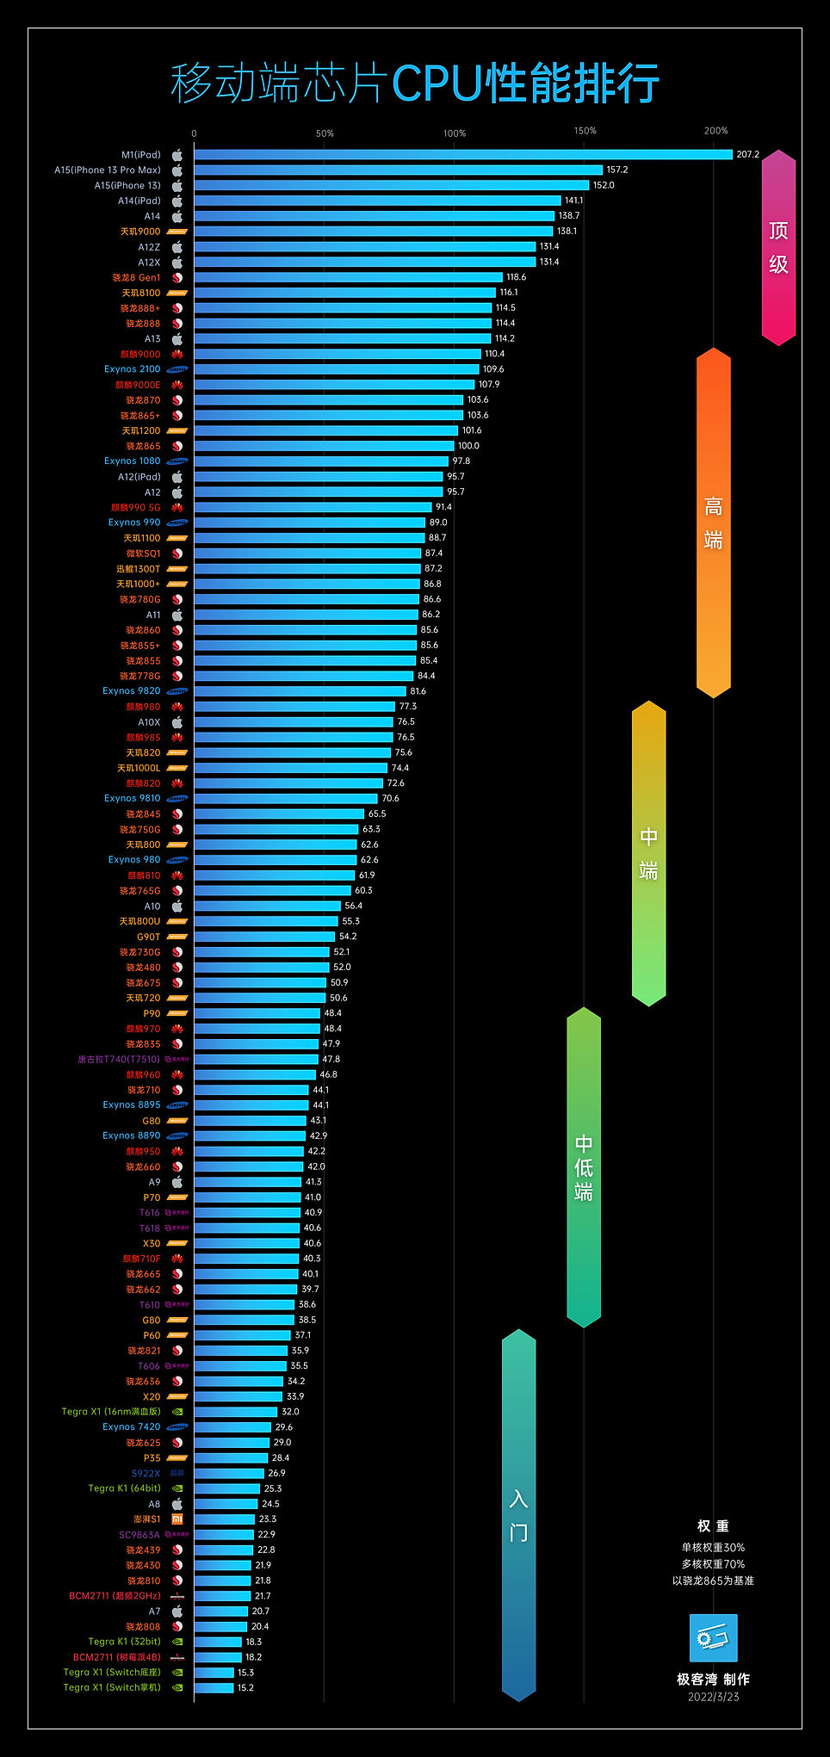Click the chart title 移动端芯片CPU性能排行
point(415,84)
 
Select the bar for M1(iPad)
point(462,155)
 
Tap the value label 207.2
point(747,155)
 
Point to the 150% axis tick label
point(585,131)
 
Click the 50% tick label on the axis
point(324,133)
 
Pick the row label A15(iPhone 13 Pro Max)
point(108,170)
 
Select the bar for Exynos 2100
point(336,369)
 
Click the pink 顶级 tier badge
point(778,248)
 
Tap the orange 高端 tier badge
point(713,523)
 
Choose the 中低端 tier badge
point(584,1166)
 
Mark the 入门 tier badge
point(518,1515)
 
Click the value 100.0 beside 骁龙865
point(468,446)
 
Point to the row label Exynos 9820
point(132,691)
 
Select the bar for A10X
point(293,722)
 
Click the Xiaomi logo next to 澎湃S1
point(177,1519)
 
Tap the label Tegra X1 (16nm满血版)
point(111,1412)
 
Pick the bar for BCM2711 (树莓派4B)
point(217,1657)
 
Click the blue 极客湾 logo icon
point(713,1637)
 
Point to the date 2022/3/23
point(713,1697)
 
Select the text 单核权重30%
point(713,1547)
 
